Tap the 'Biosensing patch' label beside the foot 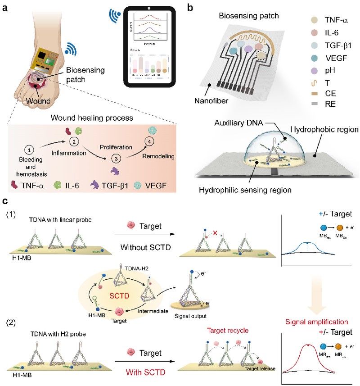(84, 75)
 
